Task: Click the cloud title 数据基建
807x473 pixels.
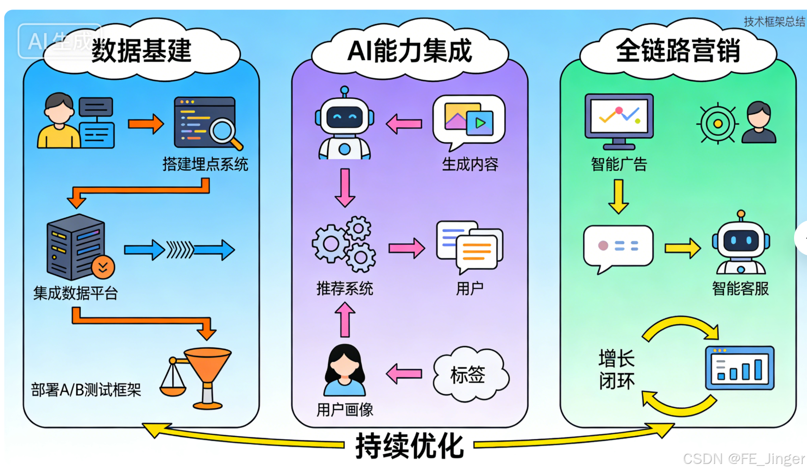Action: point(141,50)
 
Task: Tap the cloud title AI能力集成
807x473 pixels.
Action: point(409,50)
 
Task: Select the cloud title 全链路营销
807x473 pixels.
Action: point(678,50)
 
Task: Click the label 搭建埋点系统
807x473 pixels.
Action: point(205,165)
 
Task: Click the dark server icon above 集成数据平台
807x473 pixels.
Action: point(76,247)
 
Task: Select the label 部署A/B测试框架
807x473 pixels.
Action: point(86,390)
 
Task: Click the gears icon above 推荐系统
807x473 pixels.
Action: point(344,244)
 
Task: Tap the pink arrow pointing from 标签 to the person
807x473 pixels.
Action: point(404,374)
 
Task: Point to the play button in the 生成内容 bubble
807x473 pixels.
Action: point(480,123)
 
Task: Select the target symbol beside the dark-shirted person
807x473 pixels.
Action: point(717,123)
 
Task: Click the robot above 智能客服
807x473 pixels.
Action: point(741,243)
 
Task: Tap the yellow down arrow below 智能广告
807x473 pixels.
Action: point(619,196)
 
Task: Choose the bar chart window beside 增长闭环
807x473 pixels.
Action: point(739,368)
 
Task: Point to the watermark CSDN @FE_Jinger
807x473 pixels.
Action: point(744,459)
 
